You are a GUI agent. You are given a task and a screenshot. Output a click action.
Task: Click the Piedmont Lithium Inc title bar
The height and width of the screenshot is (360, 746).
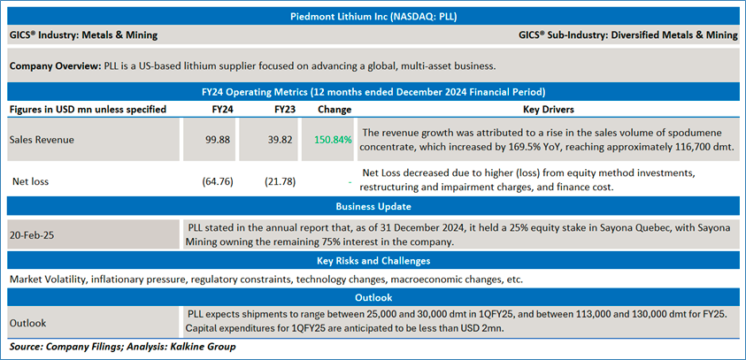point(373,16)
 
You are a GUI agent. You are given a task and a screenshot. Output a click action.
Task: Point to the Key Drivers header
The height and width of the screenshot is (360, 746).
point(549,109)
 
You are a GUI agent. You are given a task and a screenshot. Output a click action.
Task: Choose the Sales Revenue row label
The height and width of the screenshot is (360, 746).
point(42,140)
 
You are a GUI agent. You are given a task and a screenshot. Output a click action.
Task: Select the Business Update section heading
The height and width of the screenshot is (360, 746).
point(373,206)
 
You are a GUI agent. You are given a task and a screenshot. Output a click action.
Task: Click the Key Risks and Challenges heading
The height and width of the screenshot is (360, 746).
point(373,261)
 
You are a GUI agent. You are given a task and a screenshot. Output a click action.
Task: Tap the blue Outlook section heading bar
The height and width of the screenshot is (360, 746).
point(373,297)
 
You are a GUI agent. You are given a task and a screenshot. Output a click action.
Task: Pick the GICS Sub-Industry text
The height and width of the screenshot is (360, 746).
point(628,35)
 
